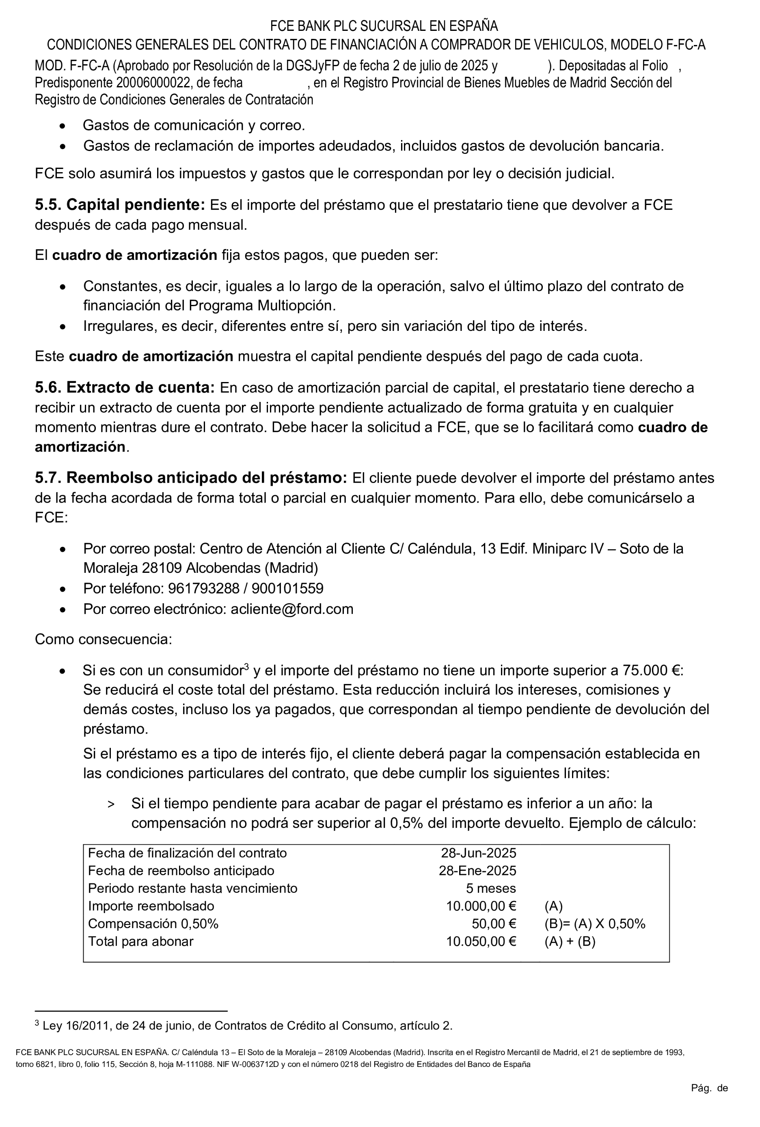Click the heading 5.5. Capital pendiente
[120, 205]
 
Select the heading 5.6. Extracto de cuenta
[124, 388]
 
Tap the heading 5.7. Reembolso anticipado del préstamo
[191, 478]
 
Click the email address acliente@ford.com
[292, 609]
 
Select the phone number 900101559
[287, 588]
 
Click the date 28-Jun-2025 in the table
[478, 853]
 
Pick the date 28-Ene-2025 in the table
[477, 870]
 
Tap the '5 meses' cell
[490, 889]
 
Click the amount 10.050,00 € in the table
[481, 941]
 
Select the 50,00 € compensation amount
[493, 924]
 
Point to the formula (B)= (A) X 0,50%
[595, 924]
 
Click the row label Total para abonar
[140, 941]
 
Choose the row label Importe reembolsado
[151, 906]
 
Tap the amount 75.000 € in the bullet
[652, 670]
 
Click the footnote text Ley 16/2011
[73, 1026]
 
